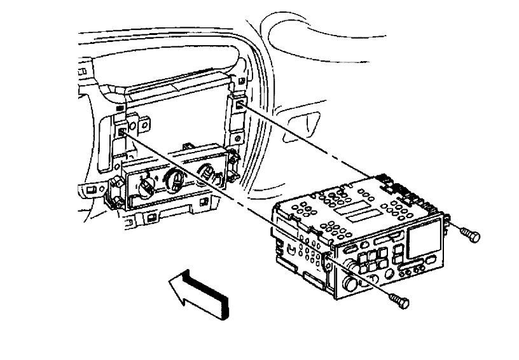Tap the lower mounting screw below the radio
(x=399, y=300)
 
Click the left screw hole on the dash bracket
(x=121, y=132)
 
